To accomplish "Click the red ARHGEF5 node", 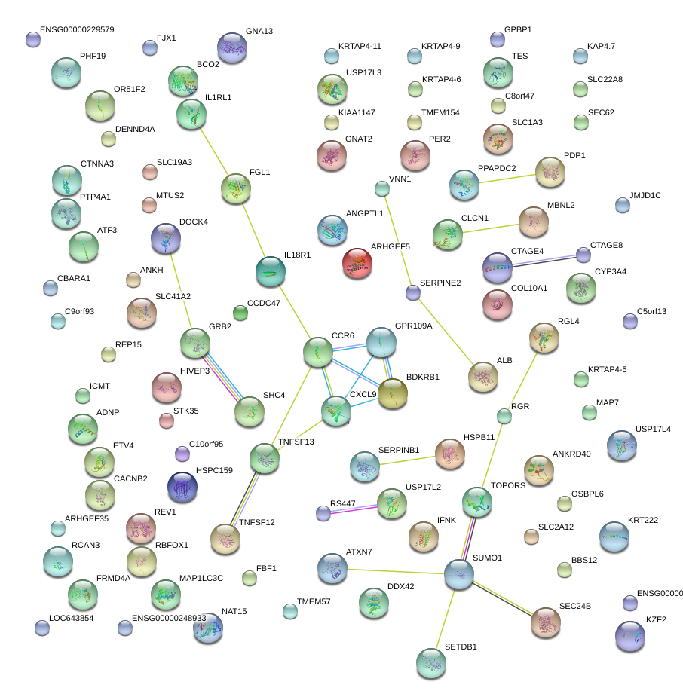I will coord(357,263).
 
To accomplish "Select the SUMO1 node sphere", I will coord(459,574).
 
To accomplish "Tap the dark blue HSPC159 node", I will coord(182,487).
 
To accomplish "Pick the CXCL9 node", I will coord(336,411).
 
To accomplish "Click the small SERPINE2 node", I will coord(412,292).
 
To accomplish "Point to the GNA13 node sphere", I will coord(232,47).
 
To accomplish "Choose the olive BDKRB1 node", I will coord(393,393).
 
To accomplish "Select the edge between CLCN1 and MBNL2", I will coord(491,228).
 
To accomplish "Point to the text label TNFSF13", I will coord(296,442).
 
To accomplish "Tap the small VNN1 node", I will coord(382,188).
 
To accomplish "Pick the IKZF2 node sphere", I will coord(630,635).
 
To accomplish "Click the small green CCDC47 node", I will coord(240,312).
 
